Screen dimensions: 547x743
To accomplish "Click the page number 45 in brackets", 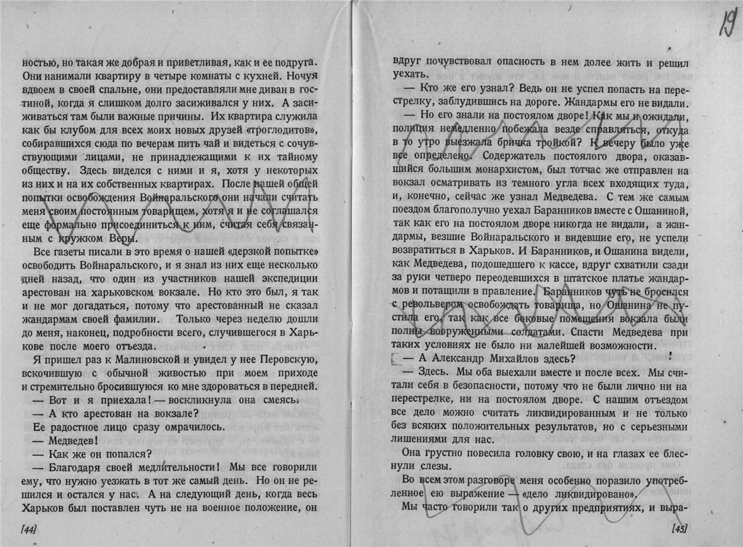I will click(x=679, y=528).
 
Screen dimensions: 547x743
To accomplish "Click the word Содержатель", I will click(x=500, y=156).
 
